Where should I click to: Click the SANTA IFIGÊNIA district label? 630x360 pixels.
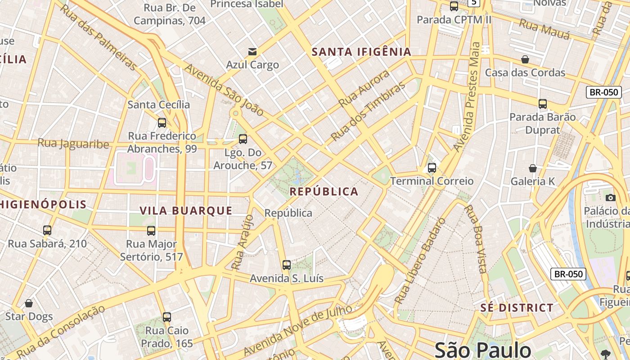coord(362,52)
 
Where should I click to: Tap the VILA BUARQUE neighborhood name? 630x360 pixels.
coord(186,211)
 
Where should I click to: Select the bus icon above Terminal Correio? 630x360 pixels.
coord(432,168)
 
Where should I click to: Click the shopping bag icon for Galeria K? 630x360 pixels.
coord(533,168)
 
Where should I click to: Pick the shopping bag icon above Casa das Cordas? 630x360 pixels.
coord(525,59)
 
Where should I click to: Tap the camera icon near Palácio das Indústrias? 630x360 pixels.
coord(611,198)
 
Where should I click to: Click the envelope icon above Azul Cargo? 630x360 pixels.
coord(252,52)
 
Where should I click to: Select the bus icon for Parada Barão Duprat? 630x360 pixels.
coord(543,104)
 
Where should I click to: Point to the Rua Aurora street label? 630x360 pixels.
coord(364,89)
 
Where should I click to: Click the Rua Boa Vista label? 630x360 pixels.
coord(476,239)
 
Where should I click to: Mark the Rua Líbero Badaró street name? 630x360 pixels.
coord(419,260)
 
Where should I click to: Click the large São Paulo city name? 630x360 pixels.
coord(483,350)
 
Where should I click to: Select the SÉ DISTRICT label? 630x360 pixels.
coord(517,308)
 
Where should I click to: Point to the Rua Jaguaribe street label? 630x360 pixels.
coord(73,144)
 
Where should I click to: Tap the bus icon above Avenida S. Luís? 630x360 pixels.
coord(287,265)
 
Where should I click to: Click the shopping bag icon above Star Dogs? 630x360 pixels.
coord(29,304)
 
